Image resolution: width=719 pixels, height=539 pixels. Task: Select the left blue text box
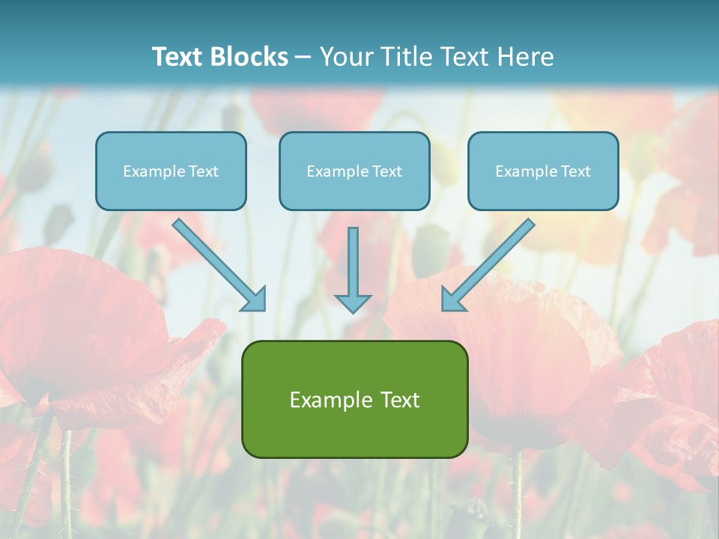171,171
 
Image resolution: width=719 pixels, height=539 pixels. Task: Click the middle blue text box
354,171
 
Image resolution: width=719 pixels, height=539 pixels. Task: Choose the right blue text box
543,171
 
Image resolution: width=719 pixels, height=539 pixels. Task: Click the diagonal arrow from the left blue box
217,264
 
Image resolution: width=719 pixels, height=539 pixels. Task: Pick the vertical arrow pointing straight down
353,266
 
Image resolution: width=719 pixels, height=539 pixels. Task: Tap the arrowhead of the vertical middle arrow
353,303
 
